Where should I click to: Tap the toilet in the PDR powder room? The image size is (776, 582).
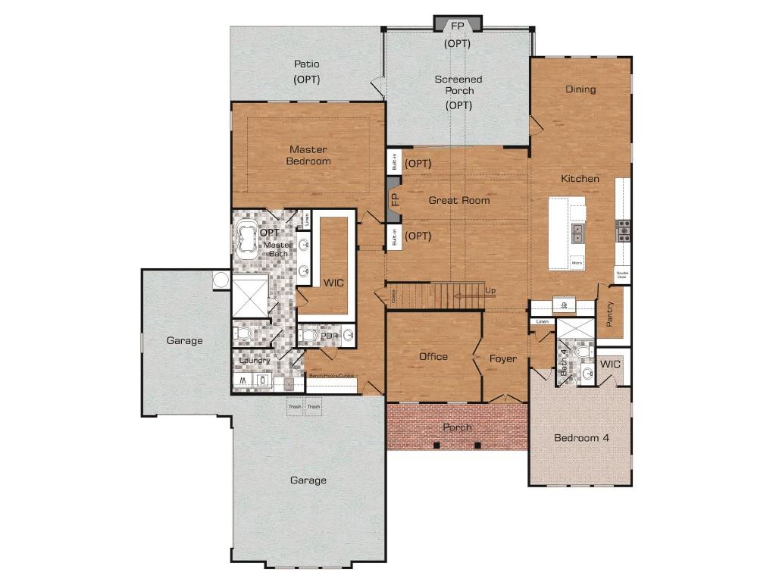point(308,335)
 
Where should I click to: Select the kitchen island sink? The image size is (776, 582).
point(578,233)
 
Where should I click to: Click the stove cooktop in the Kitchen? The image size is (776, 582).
point(624,230)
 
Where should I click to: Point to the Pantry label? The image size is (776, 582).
point(610,314)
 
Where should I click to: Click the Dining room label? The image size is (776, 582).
point(580,89)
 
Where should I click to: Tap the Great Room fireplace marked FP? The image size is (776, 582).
point(394,200)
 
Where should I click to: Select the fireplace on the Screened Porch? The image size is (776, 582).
point(457,24)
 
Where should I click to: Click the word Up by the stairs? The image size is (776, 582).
point(491,291)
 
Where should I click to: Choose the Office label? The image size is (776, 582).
point(433,357)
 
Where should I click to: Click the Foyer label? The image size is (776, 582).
point(502,358)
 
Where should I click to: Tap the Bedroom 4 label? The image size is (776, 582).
point(581,438)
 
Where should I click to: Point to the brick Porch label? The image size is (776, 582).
point(457,427)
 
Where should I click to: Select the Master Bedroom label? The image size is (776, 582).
point(308,155)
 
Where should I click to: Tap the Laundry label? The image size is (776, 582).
point(255,361)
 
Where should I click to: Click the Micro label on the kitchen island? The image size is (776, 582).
point(577,263)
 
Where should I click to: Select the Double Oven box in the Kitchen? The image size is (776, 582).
point(622,275)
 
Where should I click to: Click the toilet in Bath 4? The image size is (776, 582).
point(582,352)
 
